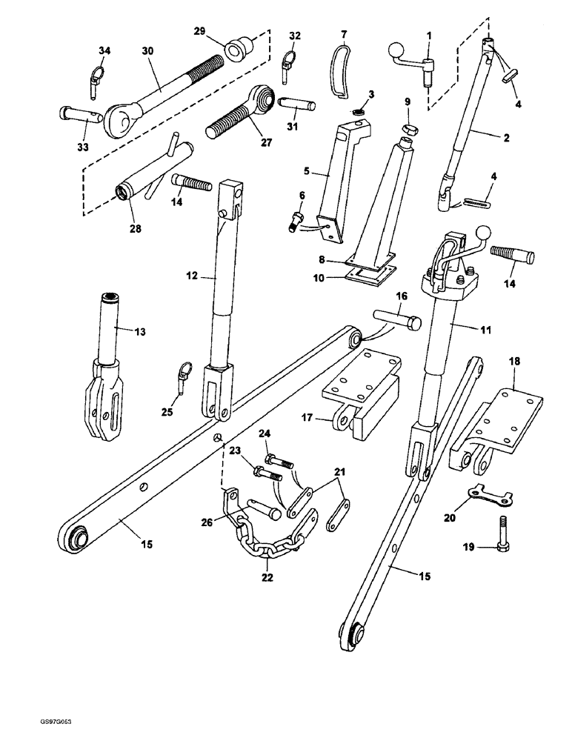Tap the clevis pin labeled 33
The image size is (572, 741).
click(x=76, y=115)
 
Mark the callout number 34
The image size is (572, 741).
click(x=104, y=50)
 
